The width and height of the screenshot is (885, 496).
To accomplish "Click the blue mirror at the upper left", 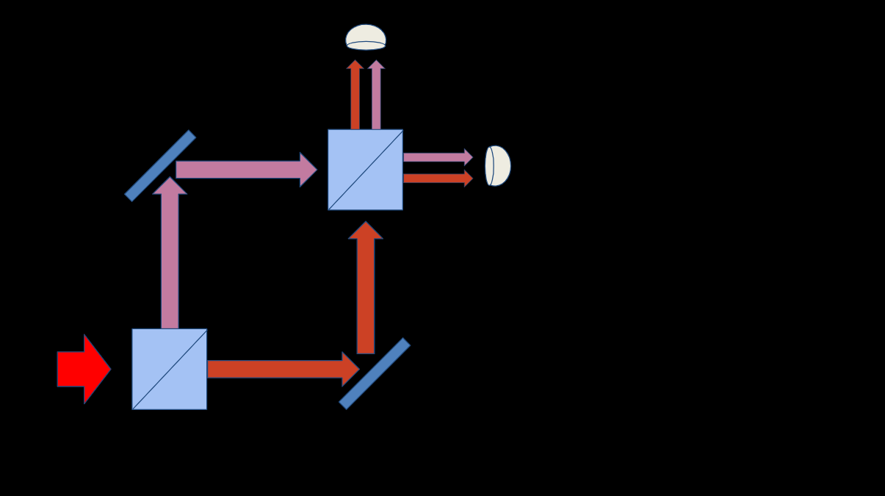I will pyautogui.click(x=160, y=165).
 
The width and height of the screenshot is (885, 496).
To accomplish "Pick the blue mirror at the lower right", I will pyautogui.click(x=375, y=373).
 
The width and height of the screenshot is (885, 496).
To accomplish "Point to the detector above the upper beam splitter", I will pyautogui.click(x=366, y=37).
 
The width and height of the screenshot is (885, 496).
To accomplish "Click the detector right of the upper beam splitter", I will pyautogui.click(x=498, y=166).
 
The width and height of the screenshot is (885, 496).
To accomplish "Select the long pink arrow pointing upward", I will pyautogui.click(x=170, y=257).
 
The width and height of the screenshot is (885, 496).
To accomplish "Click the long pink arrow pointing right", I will pyautogui.click(x=242, y=170).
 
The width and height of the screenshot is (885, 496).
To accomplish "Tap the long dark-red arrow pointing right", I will pyautogui.click(x=279, y=369).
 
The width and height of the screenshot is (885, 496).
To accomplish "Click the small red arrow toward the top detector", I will pyautogui.click(x=355, y=96).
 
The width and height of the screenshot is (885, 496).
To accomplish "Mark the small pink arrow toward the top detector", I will pyautogui.click(x=376, y=96).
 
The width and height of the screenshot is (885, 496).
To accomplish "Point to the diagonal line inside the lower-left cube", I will pyautogui.click(x=169, y=369).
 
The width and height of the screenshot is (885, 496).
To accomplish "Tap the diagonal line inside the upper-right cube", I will pyautogui.click(x=365, y=170).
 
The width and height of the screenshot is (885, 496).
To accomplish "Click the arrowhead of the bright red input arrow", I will pyautogui.click(x=97, y=369).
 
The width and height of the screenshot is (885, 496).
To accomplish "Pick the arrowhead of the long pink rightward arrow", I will pyautogui.click(x=308, y=170).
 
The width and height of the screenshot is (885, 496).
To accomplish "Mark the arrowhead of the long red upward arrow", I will pyautogui.click(x=366, y=231).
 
